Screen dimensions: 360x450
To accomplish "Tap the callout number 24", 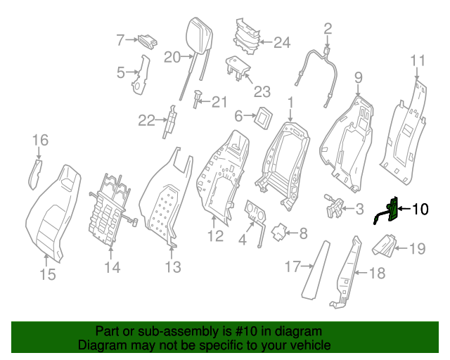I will [281, 43].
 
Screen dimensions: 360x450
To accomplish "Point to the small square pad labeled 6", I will [265, 116].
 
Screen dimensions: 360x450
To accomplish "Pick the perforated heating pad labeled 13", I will [165, 204].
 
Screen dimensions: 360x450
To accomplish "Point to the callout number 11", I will [418, 60].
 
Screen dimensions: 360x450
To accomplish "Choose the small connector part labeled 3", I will [334, 206].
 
